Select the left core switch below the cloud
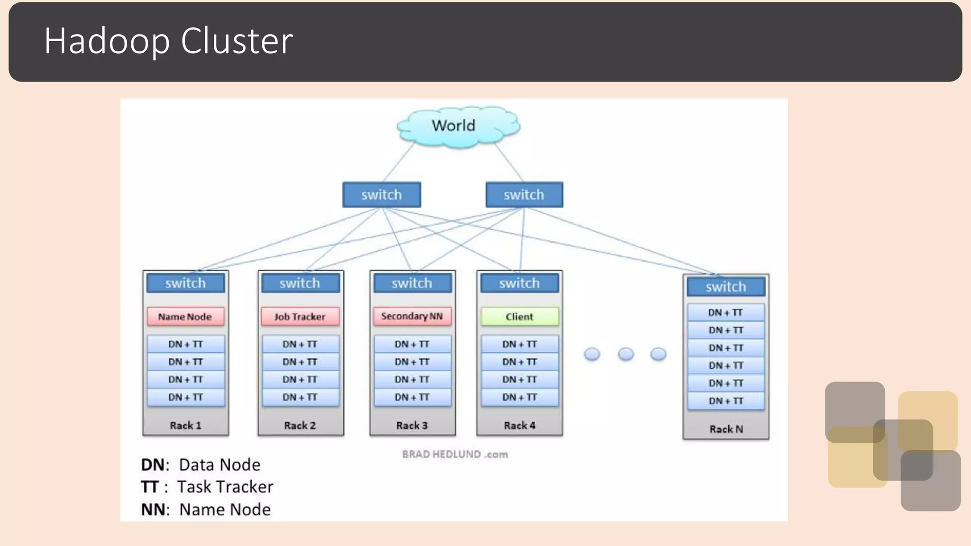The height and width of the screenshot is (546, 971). [382, 195]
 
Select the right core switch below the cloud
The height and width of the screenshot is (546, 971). [524, 195]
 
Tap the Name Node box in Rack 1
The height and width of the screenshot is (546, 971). [185, 317]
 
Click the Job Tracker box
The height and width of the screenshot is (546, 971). [300, 317]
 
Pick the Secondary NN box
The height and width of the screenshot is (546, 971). [412, 316]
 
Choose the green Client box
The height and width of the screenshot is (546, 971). [520, 317]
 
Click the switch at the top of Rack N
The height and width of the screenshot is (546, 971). [726, 287]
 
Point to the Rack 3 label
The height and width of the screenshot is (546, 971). [412, 426]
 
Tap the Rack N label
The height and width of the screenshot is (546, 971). [726, 429]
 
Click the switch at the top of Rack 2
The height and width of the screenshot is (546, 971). [300, 283]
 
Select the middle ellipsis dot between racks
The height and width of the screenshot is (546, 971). [626, 354]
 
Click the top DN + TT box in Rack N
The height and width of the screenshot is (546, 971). [726, 313]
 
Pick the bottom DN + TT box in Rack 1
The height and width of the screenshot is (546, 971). [185, 397]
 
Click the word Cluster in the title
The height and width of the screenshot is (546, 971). [237, 41]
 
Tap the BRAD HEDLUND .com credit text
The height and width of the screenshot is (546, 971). [455, 455]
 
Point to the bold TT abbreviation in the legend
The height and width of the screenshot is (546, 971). [149, 487]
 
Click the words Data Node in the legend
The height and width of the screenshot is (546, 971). [220, 465]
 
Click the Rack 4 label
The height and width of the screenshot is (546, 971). [520, 426]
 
